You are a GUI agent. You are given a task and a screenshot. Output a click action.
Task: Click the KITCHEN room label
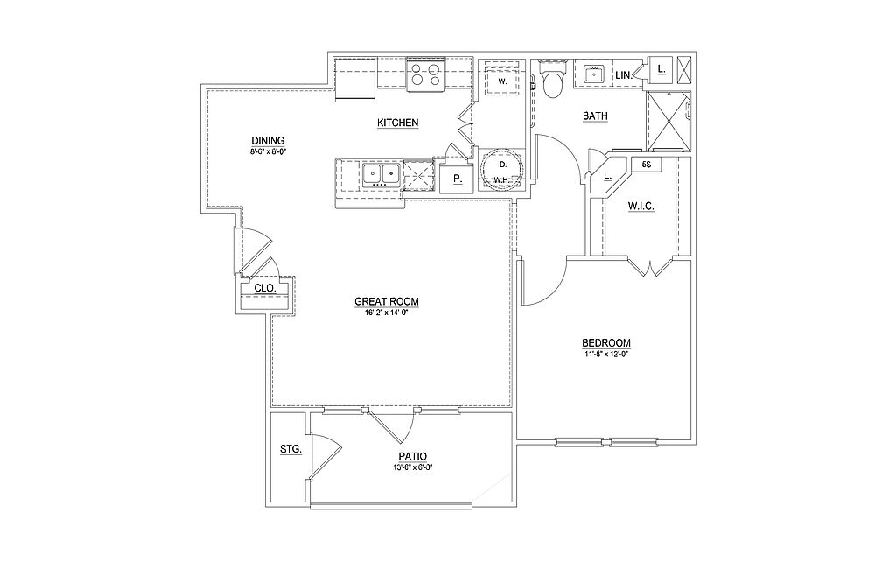[397, 123]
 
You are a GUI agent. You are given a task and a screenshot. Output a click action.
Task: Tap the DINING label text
[268, 141]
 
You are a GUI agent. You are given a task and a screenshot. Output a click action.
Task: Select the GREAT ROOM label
[387, 302]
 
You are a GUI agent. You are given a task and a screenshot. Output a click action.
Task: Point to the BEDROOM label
[606, 343]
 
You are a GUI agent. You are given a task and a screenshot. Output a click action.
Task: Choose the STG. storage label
[290, 449]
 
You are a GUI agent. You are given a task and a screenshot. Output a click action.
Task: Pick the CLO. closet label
[265, 287]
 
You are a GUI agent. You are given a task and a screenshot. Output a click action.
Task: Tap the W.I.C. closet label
[641, 207]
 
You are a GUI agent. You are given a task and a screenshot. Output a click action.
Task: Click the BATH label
[596, 116]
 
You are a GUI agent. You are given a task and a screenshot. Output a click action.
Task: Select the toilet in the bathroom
[552, 81]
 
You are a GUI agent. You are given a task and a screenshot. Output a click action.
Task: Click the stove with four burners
[424, 76]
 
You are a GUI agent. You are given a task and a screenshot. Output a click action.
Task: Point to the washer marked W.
[503, 80]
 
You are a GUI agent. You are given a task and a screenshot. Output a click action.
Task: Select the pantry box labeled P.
[457, 180]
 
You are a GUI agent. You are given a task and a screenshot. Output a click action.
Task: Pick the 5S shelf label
[647, 164]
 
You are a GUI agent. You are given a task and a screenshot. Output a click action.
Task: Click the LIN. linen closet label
[624, 76]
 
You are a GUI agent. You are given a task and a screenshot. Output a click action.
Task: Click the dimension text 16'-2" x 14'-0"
[387, 313]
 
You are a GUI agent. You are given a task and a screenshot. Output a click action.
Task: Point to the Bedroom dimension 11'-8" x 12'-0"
[606, 355]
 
